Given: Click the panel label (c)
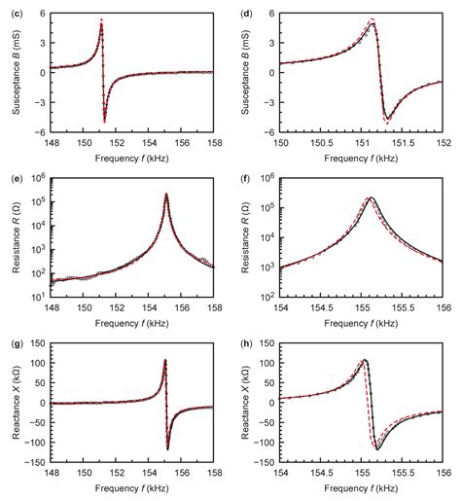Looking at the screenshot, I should pos(8,8).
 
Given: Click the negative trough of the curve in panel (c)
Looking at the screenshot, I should pos(104,122).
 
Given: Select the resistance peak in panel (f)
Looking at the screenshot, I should pos(371,197).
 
